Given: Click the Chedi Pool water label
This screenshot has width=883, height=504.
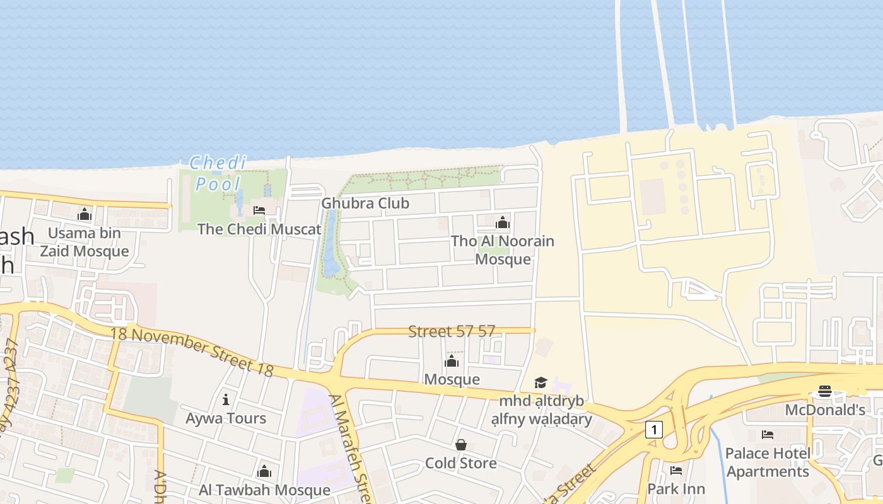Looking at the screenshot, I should click(218, 173).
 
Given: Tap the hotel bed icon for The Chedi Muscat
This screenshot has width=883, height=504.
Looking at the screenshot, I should click(259, 210).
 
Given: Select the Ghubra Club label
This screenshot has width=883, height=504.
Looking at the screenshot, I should click(365, 203).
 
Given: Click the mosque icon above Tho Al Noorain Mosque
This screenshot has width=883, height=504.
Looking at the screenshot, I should click(503, 222).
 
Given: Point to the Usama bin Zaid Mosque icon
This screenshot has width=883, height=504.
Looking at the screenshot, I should click(85, 215).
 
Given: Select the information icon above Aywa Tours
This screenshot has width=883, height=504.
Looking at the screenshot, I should click(226, 399).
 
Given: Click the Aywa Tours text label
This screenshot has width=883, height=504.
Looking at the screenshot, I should click(226, 418).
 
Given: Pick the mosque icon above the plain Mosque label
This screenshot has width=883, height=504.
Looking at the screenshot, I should click(452, 361).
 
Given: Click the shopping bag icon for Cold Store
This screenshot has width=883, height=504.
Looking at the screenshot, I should click(461, 445).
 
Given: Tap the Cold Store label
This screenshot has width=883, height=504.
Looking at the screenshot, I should click(461, 464).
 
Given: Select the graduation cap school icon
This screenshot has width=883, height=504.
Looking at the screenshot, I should click(541, 382).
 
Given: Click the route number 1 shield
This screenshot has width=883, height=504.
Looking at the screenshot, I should click(654, 430).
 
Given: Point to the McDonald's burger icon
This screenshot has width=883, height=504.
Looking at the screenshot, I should click(825, 391).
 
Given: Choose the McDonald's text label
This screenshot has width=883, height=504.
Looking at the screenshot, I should click(825, 411).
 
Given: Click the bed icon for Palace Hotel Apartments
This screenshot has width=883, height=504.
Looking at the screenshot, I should click(768, 435).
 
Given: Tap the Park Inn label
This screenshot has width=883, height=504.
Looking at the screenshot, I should click(676, 489).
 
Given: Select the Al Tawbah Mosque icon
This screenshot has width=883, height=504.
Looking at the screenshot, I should click(264, 472).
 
